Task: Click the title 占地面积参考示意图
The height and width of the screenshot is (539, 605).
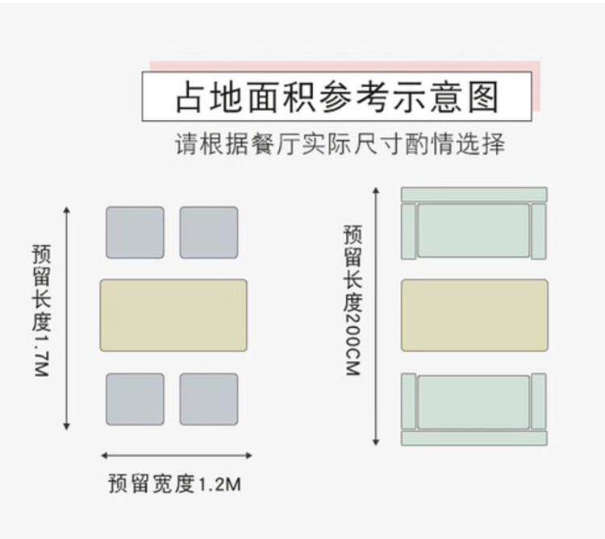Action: tap(336, 97)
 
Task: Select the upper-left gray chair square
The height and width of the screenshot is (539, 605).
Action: tap(135, 233)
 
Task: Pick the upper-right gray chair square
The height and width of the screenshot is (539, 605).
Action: tap(209, 233)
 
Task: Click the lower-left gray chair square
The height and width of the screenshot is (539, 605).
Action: tap(135, 399)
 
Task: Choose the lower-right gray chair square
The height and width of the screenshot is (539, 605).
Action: tap(209, 399)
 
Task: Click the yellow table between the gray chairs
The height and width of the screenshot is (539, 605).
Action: tap(173, 315)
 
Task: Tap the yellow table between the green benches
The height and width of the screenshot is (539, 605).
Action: tap(474, 315)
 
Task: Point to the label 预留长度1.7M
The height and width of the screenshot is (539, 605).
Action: tap(41, 311)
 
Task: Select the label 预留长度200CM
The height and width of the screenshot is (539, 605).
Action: tap(353, 302)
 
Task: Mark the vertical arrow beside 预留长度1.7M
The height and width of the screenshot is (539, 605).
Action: tap(67, 318)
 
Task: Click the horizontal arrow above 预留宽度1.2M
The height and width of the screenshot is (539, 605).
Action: tap(173, 454)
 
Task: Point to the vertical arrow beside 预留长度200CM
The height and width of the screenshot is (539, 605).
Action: tap(376, 316)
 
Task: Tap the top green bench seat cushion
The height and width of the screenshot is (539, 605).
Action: tap(474, 230)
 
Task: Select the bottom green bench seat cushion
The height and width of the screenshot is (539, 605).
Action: tap(474, 402)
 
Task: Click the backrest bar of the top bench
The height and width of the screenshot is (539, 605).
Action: tap(474, 194)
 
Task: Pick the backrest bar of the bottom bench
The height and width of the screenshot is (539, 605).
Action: tap(474, 438)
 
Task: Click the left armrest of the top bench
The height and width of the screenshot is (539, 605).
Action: tap(409, 231)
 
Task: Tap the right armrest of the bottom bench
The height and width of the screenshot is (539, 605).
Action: tap(539, 402)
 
